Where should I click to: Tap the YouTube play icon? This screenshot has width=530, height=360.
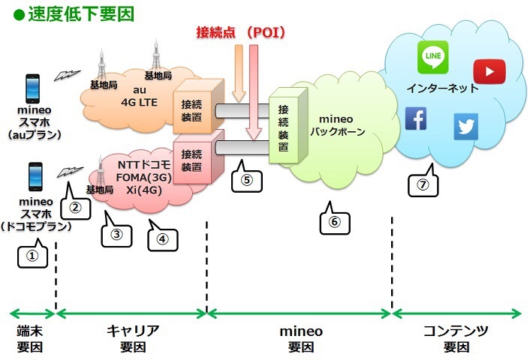[489, 71]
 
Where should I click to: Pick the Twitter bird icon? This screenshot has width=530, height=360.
[465, 127]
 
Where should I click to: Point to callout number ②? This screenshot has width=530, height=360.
[75, 206]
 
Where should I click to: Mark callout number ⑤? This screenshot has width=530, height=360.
[247, 180]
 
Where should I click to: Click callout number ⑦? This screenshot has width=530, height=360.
[423, 184]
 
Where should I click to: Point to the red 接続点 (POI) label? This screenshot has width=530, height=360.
[240, 33]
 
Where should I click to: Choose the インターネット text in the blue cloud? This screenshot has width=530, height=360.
[442, 88]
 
